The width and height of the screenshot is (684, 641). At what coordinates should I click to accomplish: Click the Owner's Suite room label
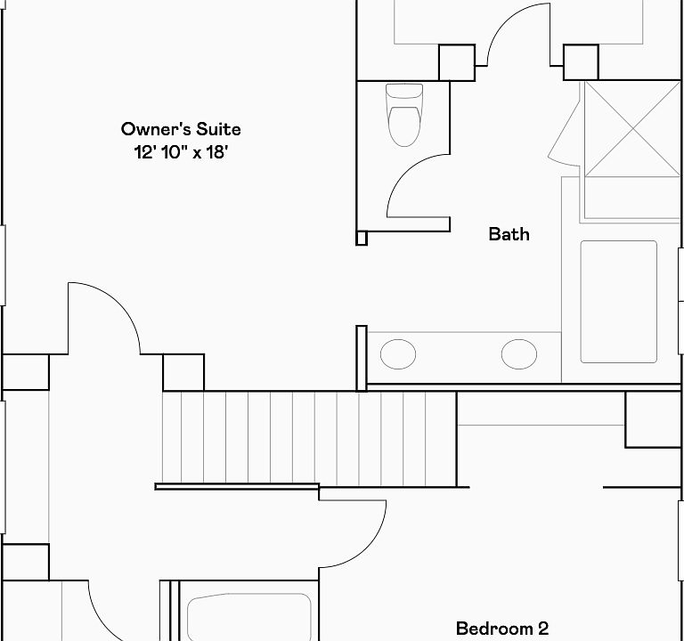tap(181, 129)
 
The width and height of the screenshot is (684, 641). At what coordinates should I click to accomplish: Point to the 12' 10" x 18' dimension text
tap(181, 151)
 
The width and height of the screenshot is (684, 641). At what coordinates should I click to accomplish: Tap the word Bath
tap(509, 234)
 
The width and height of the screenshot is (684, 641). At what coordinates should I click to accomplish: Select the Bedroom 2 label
tap(502, 629)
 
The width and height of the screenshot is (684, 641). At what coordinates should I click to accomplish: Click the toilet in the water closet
tap(404, 115)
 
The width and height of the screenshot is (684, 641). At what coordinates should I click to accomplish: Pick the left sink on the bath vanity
tap(398, 354)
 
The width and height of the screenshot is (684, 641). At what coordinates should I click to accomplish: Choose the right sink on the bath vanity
tap(518, 354)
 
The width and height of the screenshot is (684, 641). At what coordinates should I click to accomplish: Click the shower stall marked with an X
tap(633, 129)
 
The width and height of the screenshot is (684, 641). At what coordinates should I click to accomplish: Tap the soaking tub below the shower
tap(619, 301)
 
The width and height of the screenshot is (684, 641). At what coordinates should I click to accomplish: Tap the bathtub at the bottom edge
tap(249, 618)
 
